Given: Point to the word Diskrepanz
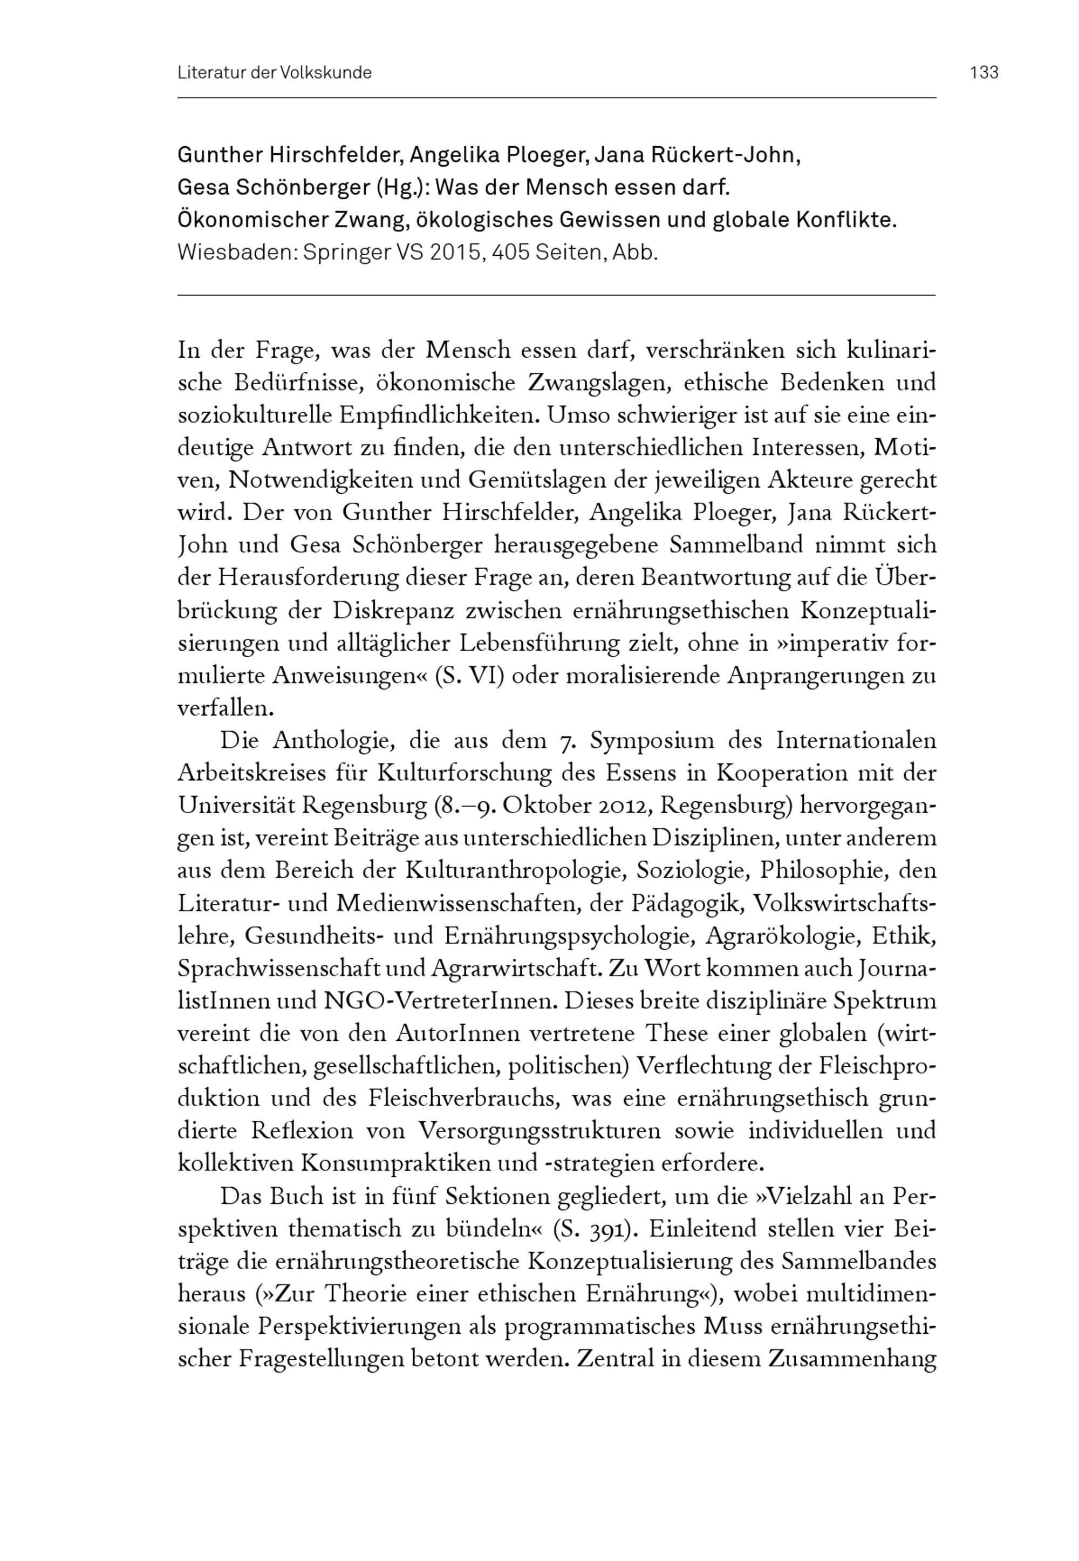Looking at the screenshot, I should tap(399, 610).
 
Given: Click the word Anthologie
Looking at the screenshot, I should tap(334, 740).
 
